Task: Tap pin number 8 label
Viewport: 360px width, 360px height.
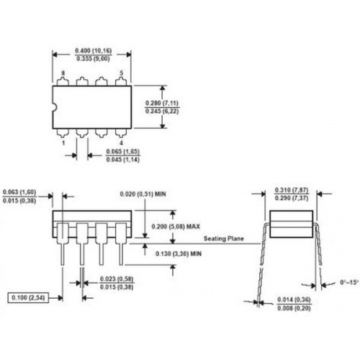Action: click(63, 73)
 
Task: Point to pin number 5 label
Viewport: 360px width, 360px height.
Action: click(121, 73)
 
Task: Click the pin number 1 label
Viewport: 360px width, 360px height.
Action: click(63, 143)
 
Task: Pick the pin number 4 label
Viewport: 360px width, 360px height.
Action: click(121, 143)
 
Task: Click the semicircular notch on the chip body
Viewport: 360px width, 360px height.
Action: click(54, 107)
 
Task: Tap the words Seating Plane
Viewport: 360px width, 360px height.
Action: click(224, 238)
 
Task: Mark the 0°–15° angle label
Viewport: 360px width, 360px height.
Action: click(349, 282)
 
